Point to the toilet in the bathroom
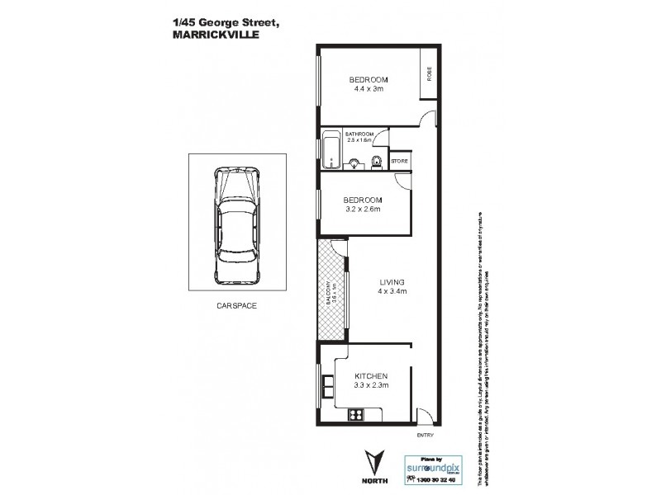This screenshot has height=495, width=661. (x=375, y=161)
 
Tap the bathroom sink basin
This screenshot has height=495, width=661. (x=355, y=163)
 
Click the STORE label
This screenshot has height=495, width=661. (x=399, y=162)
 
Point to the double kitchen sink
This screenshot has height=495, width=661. (x=323, y=384)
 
